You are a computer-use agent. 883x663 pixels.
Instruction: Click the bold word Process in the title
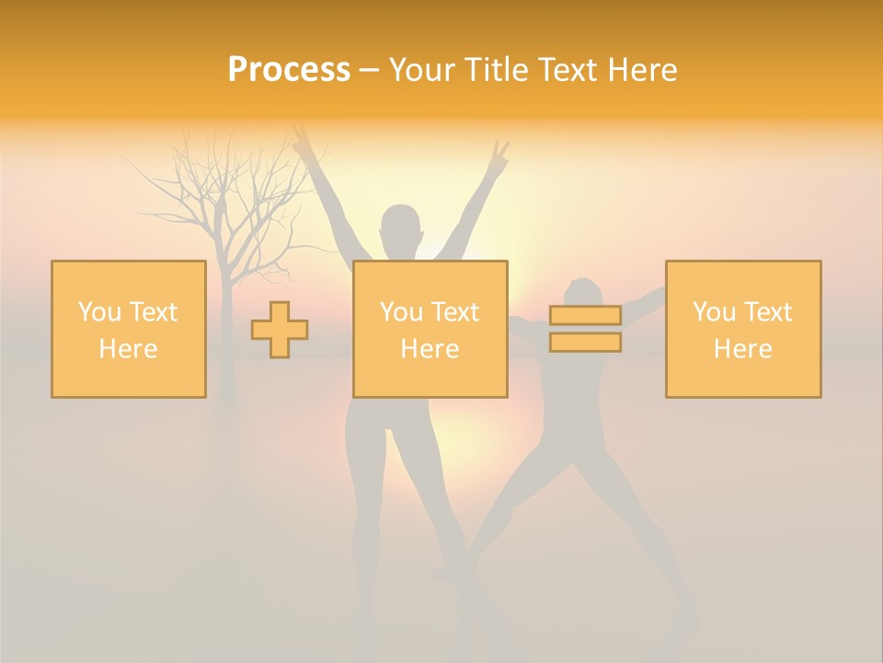coord(289,69)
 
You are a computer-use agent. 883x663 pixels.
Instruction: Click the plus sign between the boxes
coord(280,330)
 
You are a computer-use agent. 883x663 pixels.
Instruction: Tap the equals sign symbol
coord(585,329)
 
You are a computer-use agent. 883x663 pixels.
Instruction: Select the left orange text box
coord(129,330)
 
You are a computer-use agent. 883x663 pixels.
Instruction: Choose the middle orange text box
coord(430,330)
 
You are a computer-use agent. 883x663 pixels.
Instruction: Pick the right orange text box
coord(743,330)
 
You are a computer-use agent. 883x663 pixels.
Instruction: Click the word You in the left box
coord(99,312)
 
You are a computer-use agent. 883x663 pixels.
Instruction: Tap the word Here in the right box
coord(743,349)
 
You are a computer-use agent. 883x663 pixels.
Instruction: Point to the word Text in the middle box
coord(456,312)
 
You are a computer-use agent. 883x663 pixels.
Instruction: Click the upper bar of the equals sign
coord(585,315)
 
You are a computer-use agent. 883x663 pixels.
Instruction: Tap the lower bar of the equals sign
coord(585,343)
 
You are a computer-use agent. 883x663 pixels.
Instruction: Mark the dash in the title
coord(369,71)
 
